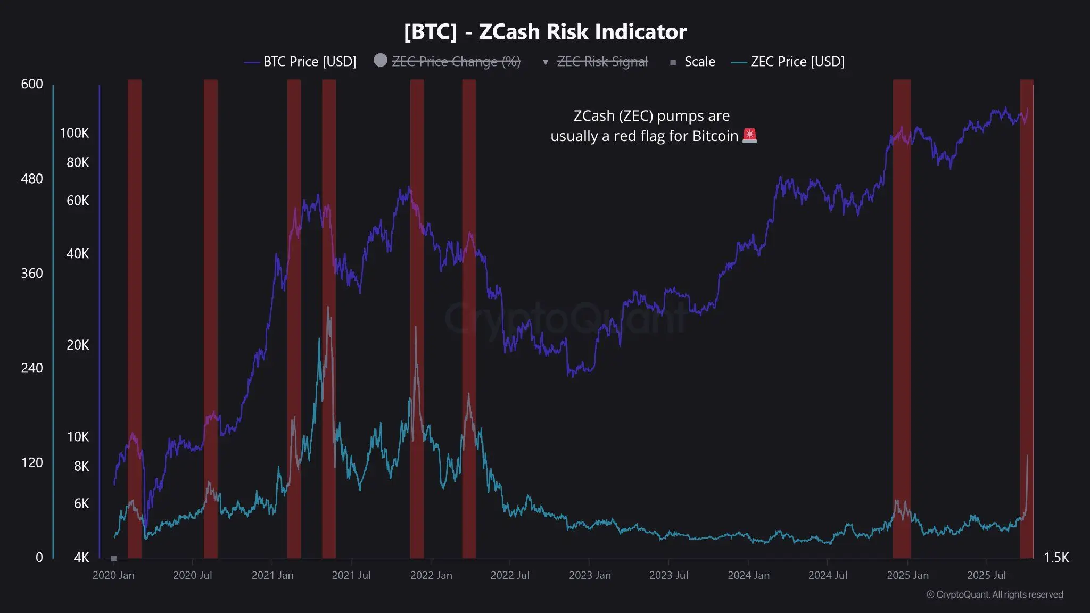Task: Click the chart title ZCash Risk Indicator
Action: [x=545, y=32]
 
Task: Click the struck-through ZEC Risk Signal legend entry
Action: [x=602, y=62]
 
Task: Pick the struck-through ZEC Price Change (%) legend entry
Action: [x=456, y=62]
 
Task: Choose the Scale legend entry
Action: [x=699, y=62]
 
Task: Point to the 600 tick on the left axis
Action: [x=32, y=84]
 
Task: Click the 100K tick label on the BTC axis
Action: [x=74, y=133]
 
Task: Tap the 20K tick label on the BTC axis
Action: [x=78, y=345]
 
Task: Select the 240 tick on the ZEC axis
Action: [x=32, y=368]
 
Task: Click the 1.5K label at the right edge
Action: [x=1056, y=557]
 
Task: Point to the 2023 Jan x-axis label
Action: [x=590, y=575]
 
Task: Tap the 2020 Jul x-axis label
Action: [x=192, y=575]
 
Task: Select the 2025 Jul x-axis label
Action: [x=986, y=575]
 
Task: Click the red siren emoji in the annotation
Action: [x=749, y=136]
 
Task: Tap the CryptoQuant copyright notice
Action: [x=994, y=594]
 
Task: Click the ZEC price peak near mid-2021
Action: [x=328, y=308]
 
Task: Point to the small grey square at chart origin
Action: [x=113, y=558]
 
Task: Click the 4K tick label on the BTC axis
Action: [x=81, y=557]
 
